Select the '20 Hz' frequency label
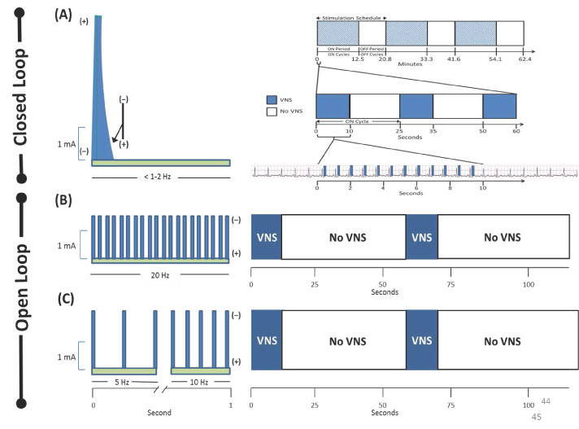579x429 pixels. tap(160, 275)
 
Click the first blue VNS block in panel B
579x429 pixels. tap(266, 237)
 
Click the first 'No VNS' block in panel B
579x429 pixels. tap(342, 237)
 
